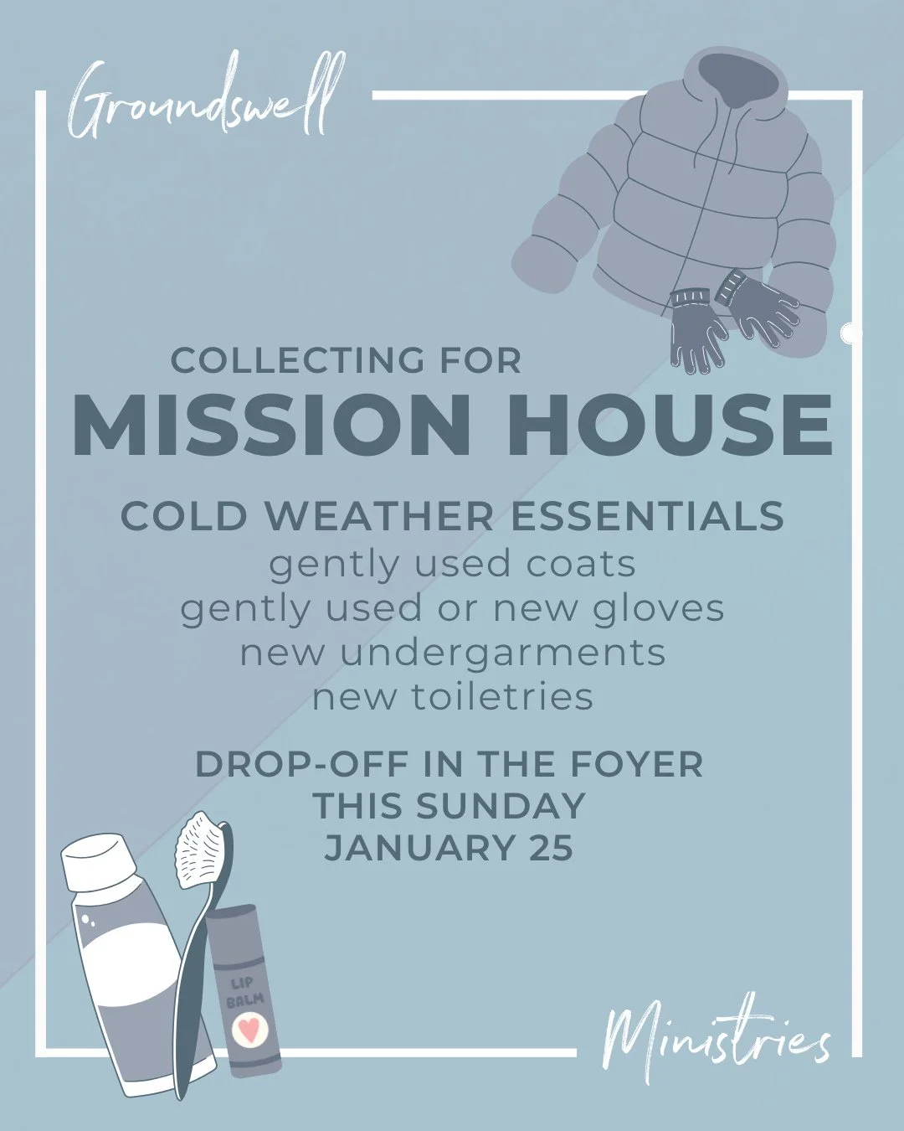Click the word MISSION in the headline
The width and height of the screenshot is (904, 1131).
click(271, 426)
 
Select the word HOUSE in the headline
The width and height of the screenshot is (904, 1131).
click(670, 426)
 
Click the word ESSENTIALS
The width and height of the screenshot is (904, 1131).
click(647, 516)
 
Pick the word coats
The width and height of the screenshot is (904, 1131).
click(580, 564)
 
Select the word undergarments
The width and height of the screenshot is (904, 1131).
click(502, 653)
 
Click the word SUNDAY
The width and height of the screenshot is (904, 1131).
click(501, 806)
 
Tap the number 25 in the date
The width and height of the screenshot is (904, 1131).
click(551, 849)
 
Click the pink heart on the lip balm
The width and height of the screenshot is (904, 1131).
click(247, 1030)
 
